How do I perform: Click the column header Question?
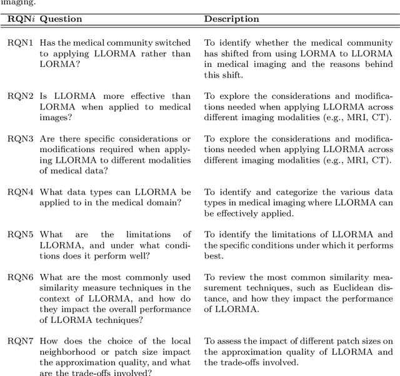click(61, 19)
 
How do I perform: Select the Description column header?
click(231, 19)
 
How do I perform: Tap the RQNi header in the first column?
click(21, 19)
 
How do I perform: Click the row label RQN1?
click(21, 43)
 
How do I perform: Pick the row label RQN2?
click(21, 96)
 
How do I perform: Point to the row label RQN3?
click(21, 139)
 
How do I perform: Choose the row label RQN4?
click(21, 192)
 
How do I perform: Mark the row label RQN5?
click(21, 234)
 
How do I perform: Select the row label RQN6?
click(21, 277)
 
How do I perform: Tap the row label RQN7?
click(21, 341)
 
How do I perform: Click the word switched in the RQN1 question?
click(175, 43)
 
